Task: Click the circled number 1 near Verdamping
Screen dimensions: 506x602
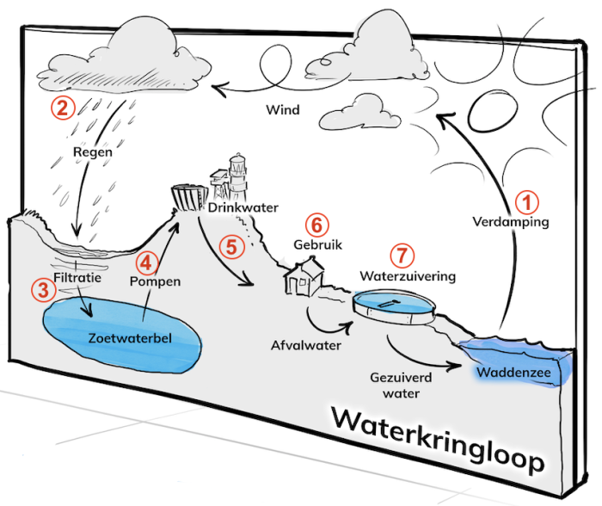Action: (526, 201)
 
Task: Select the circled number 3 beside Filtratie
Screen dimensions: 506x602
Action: (40, 289)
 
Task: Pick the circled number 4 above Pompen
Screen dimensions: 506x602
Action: (148, 261)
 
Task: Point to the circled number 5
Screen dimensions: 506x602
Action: (230, 245)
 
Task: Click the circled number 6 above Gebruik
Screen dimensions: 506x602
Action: (317, 225)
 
